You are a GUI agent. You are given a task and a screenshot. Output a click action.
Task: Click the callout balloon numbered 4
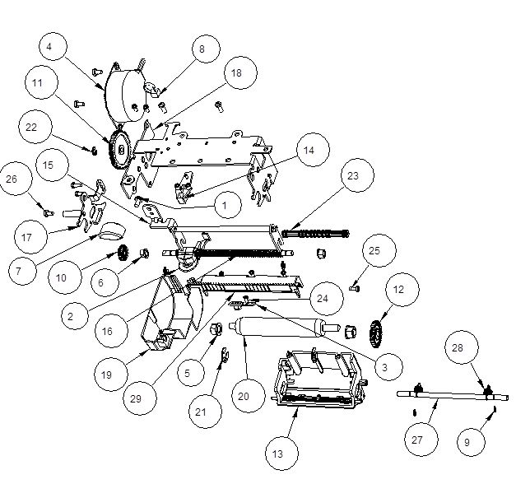(49, 47)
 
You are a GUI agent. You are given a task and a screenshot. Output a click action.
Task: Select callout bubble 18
(236, 73)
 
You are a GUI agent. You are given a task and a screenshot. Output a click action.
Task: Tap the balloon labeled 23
(352, 176)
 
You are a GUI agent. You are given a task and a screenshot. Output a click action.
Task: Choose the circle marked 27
(417, 440)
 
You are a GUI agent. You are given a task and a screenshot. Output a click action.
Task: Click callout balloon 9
(467, 442)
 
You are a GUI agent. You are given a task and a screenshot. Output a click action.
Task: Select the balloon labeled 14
(309, 151)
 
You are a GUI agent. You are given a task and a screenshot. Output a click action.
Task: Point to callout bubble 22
(32, 128)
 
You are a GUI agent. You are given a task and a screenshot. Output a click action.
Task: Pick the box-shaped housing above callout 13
(317, 377)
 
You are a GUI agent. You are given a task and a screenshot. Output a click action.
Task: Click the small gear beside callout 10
(123, 254)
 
